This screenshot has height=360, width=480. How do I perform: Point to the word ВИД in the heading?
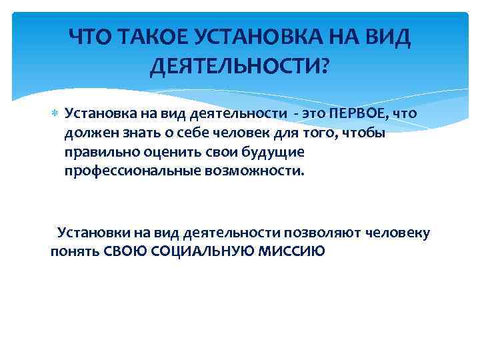pos(387,39)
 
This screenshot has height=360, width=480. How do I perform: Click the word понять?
pos(75,252)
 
